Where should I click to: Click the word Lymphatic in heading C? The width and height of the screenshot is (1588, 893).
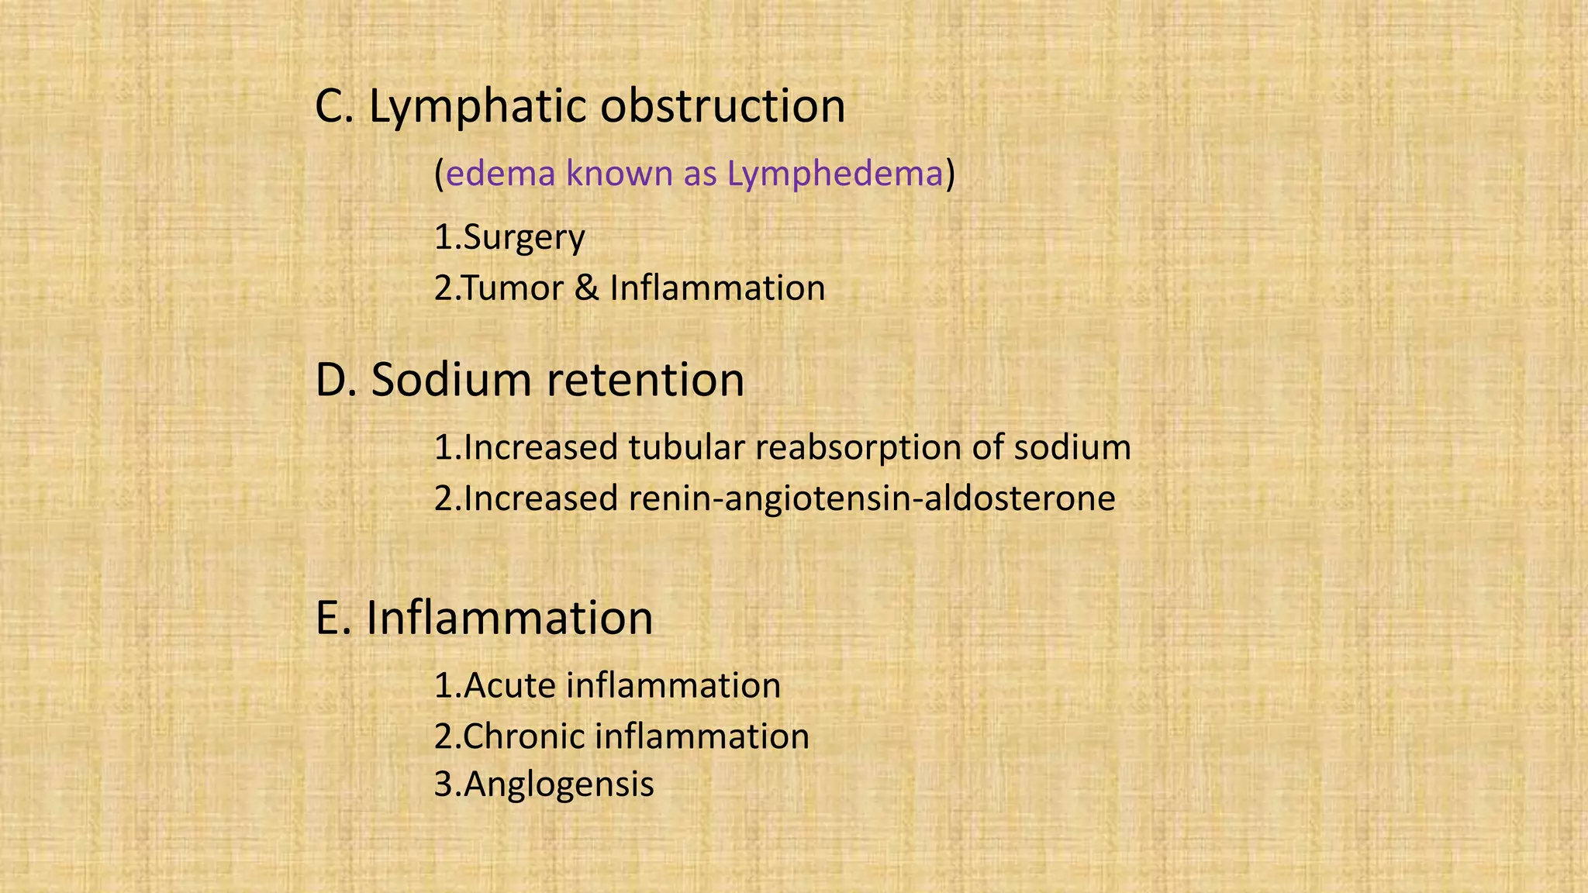pyautogui.click(x=477, y=106)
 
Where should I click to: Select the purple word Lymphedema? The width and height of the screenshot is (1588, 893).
pyautogui.click(x=835, y=174)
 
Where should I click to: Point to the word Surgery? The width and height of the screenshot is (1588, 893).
pyautogui.click(x=523, y=238)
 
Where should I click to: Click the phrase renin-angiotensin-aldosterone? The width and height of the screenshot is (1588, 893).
pyautogui.click(x=872, y=498)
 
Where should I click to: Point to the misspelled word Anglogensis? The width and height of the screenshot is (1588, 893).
pyautogui.click(x=558, y=784)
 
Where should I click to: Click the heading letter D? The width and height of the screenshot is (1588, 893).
pyautogui.click(x=331, y=380)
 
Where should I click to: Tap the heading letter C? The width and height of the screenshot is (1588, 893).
pyautogui.click(x=330, y=106)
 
